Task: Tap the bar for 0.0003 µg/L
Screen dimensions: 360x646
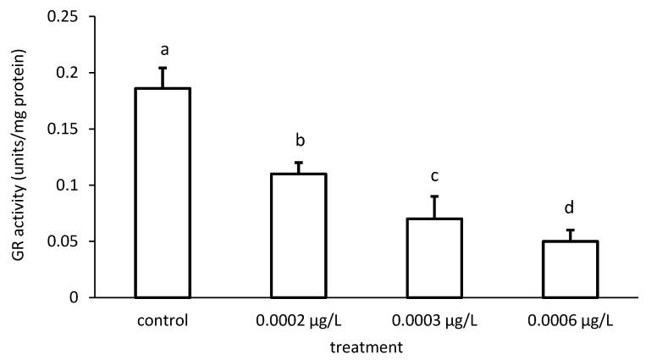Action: coord(433,258)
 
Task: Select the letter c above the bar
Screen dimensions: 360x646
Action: coord(433,176)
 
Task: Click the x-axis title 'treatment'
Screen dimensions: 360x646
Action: coord(366,346)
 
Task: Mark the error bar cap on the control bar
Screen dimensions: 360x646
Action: coord(163,68)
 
